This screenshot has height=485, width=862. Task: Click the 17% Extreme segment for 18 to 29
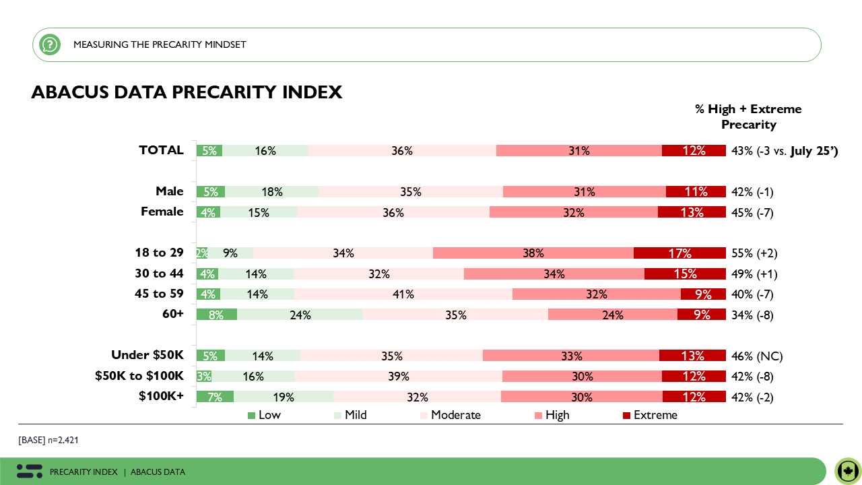coord(679,253)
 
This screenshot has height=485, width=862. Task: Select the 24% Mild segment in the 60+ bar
coord(300,315)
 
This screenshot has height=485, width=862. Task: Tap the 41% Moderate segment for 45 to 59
coord(403,294)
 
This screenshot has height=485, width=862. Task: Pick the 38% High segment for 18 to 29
coord(533,253)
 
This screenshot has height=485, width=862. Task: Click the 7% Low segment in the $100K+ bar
coord(215,397)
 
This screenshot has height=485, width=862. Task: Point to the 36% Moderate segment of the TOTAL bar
coord(402,151)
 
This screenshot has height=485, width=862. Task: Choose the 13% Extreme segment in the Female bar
coord(692,212)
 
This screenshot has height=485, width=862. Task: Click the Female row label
coord(162,212)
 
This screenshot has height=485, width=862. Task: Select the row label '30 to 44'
coord(159,273)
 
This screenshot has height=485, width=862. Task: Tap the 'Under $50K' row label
coord(147,355)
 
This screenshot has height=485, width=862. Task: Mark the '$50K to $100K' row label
coord(139,376)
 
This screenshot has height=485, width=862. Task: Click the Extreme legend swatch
coord(628,416)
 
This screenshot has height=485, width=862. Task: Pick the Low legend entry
coord(264,415)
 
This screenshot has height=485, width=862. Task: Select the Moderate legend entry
coord(450,415)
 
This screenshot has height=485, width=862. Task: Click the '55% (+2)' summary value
coord(754,253)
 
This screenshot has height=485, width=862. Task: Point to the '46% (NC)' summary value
coord(757,356)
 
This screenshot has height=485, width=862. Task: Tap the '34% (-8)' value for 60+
coord(753,315)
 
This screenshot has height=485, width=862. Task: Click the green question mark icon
coord(50,44)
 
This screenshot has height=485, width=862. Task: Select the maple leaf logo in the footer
coord(848,471)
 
